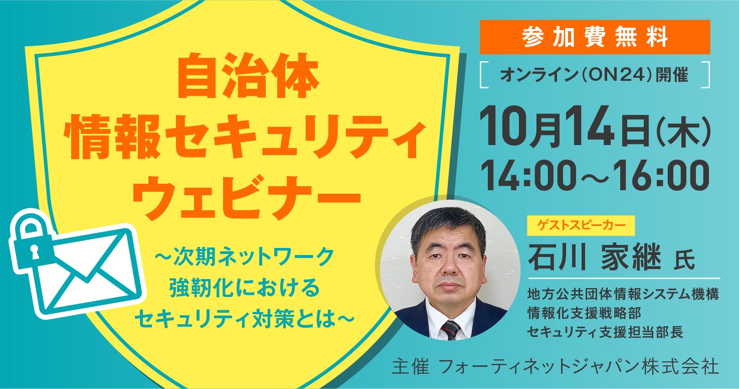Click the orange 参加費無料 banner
pos(595,37)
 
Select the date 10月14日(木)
pos(595,127)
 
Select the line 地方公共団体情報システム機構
pos(623,294)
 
